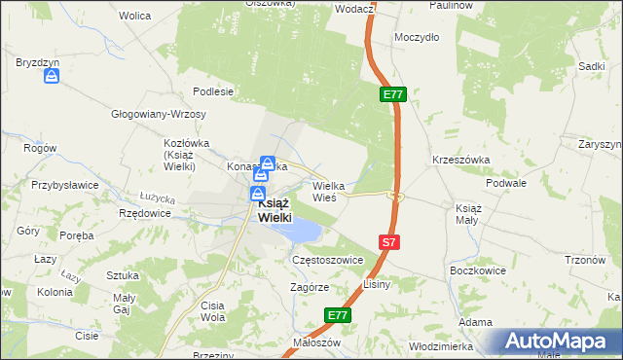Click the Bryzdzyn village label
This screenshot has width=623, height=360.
[x=38, y=62]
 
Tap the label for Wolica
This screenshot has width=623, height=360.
[x=134, y=17]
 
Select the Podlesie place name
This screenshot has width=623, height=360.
[x=213, y=91]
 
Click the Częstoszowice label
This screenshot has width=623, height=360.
[x=327, y=261]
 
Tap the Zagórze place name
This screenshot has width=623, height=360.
[x=309, y=288]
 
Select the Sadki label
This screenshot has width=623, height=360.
[x=592, y=65]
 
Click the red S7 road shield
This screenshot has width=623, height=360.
[x=388, y=242]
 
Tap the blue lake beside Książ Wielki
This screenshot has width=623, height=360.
[x=304, y=231]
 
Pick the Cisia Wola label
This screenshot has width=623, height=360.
[x=212, y=311]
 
